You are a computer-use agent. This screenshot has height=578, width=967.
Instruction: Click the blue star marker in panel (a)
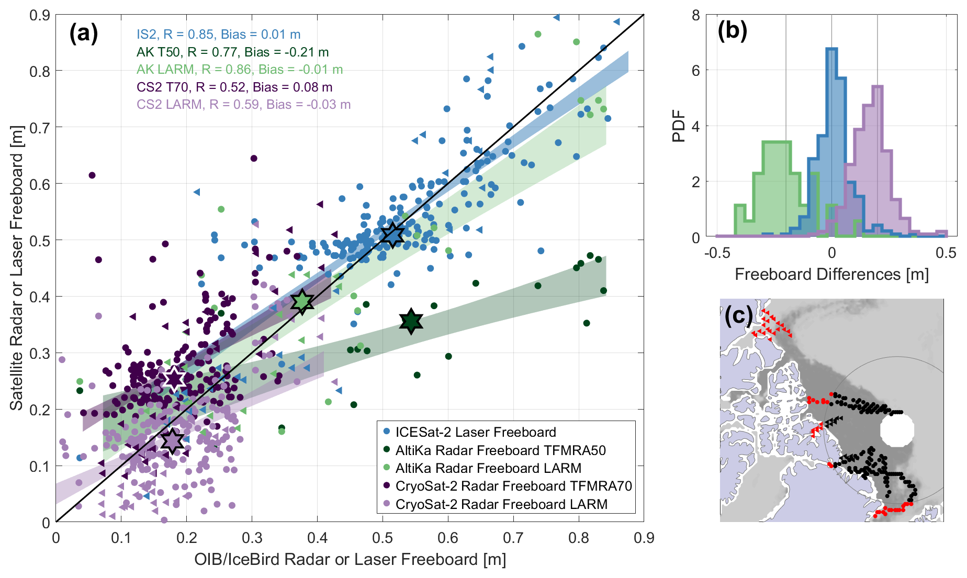click(392, 235)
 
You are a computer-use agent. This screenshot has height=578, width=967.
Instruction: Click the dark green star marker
click(411, 321)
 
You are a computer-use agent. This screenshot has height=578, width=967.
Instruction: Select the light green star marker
click(302, 301)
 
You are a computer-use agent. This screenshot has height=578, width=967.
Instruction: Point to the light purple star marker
click(172, 441)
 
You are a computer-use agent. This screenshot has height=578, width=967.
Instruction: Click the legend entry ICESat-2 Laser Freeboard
click(475, 432)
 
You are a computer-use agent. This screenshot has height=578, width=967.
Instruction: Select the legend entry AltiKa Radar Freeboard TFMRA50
click(500, 450)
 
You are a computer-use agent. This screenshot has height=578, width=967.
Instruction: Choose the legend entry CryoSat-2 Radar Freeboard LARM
click(501, 504)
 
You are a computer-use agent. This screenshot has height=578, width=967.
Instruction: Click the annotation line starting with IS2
click(218, 35)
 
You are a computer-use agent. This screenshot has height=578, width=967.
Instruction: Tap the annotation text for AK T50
click(232, 52)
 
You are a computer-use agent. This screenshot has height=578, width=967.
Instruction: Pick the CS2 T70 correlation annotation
click(234, 87)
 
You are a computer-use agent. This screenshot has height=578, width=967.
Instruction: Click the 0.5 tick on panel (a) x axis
click(383, 538)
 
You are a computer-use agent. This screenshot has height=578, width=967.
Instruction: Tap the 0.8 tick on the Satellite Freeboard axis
click(40, 71)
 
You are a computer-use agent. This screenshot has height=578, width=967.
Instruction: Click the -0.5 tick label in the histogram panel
click(717, 253)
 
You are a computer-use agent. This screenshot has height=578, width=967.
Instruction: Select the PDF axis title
click(679, 126)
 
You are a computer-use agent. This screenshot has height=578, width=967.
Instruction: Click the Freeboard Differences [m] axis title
click(831, 275)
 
